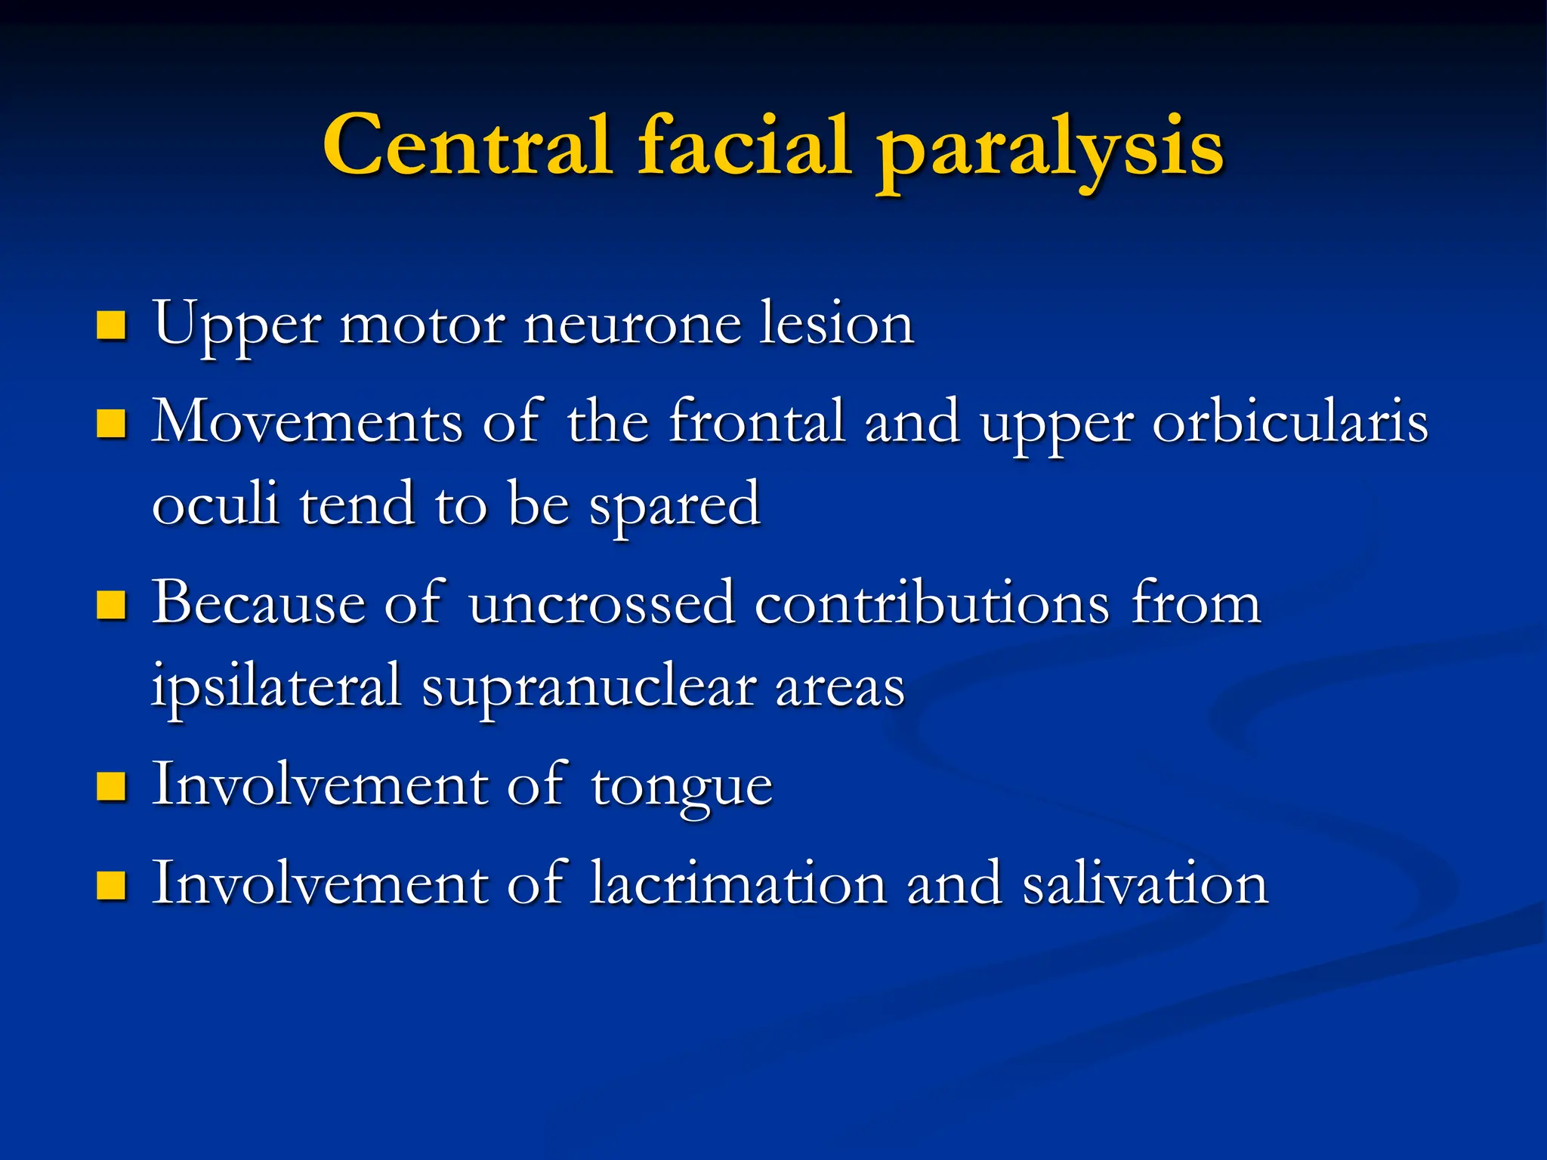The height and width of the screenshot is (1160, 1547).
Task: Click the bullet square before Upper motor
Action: (x=111, y=325)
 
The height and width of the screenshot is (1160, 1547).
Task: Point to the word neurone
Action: (x=631, y=325)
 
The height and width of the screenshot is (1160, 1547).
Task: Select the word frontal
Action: (x=757, y=422)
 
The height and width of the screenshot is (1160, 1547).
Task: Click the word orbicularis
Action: (x=1290, y=422)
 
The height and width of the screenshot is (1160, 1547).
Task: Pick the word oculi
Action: (x=215, y=504)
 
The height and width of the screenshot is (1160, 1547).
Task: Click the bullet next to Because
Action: (x=111, y=605)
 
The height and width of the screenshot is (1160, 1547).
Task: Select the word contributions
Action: (x=932, y=604)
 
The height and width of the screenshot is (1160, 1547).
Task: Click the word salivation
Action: (x=1145, y=884)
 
